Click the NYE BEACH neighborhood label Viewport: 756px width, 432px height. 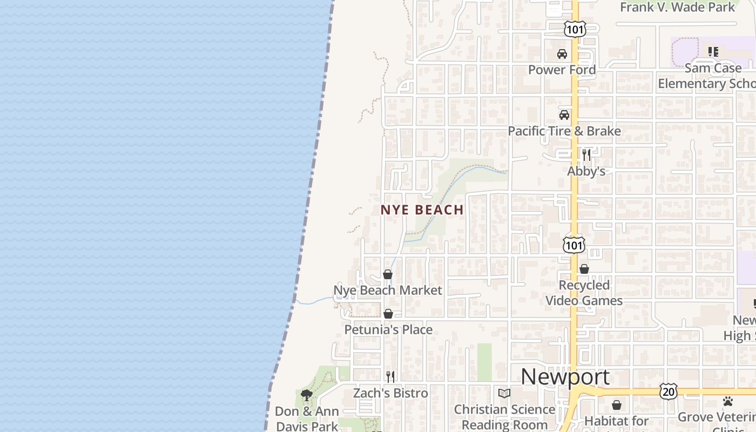point(422,210)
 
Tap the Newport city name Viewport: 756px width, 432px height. point(565,377)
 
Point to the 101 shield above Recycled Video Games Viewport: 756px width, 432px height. point(573,246)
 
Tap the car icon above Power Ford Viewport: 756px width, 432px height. point(562,54)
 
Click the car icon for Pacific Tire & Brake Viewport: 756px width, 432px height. point(564,115)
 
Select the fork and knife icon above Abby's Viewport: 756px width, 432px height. point(586,155)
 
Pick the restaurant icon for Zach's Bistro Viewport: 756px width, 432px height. point(390,377)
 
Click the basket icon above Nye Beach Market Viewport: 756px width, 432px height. point(388,274)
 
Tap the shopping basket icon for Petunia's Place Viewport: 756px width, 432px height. point(388,314)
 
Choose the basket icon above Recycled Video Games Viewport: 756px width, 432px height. point(584,269)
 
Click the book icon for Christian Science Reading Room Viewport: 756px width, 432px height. point(504,393)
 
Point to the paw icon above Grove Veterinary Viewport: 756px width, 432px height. point(728,401)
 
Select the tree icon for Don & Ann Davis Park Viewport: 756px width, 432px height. point(307,395)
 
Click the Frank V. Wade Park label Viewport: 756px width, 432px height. point(678,7)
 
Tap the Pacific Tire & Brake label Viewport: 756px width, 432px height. point(564,131)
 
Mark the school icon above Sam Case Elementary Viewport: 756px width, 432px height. point(713,52)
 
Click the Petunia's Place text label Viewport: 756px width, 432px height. point(388,329)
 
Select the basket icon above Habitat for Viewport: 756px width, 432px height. point(617,405)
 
